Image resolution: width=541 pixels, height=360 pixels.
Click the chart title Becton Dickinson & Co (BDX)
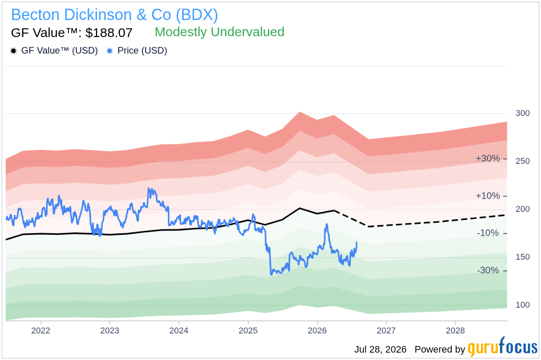point(115,15)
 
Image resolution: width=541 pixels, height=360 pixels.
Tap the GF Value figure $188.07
point(109,33)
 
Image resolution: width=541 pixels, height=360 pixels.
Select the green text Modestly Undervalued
point(219,32)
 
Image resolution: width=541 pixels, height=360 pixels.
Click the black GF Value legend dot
point(14,51)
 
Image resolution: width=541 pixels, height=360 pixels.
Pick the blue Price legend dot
point(110,51)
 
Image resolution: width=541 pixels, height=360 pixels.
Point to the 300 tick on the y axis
point(523,113)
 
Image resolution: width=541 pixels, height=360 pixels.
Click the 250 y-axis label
point(523,161)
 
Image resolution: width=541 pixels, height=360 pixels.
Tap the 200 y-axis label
point(523,209)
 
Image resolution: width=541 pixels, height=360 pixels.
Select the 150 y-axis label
point(523,257)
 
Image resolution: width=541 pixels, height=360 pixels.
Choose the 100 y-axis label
point(523,305)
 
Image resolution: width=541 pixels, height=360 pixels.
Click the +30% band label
point(487,159)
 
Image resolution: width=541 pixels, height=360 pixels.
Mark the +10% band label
point(487,196)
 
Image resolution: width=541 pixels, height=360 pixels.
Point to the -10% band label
point(488,233)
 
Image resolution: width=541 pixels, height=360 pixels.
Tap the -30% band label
point(488,270)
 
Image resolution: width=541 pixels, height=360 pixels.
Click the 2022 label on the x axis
point(41,330)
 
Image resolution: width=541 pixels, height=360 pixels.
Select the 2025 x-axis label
point(248,330)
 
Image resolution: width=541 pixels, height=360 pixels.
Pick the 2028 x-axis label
point(455,330)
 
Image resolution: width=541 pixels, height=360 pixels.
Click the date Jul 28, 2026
point(380,350)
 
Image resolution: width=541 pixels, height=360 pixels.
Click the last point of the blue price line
point(357,242)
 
